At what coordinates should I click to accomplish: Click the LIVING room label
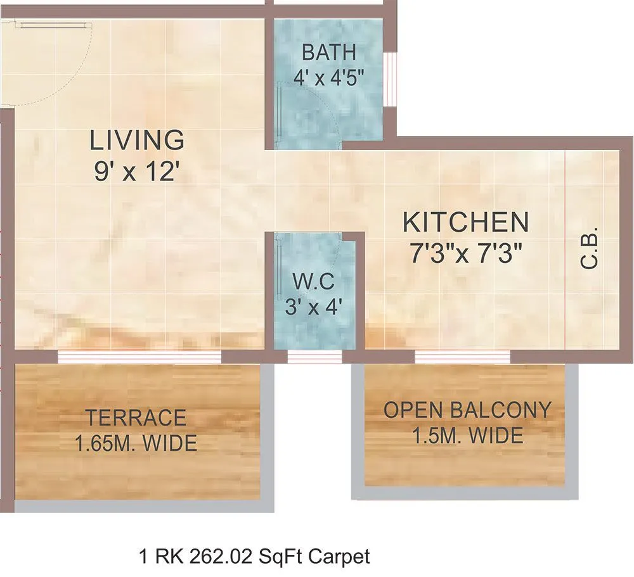click(x=137, y=140)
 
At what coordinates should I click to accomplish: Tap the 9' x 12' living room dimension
click(x=134, y=172)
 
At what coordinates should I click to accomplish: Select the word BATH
click(x=329, y=51)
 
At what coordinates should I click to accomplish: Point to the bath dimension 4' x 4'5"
click(x=329, y=77)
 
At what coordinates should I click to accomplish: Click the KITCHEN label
click(x=466, y=222)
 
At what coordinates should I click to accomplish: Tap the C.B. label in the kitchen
click(x=590, y=252)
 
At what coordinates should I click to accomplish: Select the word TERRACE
click(x=136, y=418)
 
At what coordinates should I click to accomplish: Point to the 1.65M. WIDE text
click(x=136, y=443)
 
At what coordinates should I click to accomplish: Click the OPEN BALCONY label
click(x=467, y=410)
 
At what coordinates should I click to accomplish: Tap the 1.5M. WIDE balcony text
click(x=467, y=436)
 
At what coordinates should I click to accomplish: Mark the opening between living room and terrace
click(x=139, y=357)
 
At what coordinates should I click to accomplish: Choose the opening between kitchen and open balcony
click(x=462, y=357)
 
